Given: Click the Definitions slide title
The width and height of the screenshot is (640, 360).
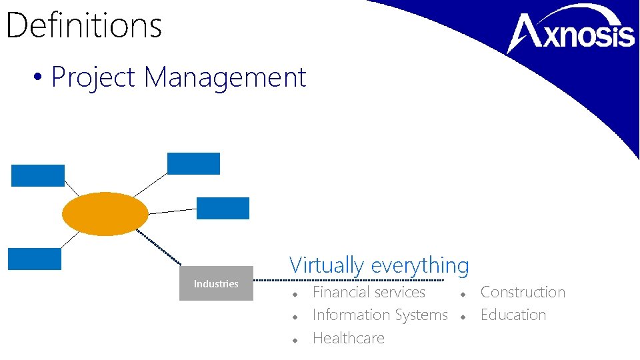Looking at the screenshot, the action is [84, 25].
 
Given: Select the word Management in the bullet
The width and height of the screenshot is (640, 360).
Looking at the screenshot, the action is [225, 77].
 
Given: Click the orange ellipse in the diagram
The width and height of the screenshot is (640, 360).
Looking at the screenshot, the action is [105, 214].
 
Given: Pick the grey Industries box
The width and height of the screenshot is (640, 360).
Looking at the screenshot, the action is [216, 283].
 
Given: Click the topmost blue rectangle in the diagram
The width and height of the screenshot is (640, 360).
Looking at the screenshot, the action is [193, 163].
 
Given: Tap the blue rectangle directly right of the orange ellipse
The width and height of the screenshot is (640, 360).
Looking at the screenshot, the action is [223, 208].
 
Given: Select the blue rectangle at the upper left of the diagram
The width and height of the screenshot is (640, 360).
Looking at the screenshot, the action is [38, 175].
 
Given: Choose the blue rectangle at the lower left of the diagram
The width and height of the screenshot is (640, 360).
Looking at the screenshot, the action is [35, 259].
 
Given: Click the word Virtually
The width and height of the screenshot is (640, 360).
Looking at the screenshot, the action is [327, 265].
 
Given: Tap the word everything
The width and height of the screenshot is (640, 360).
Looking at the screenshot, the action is [420, 265].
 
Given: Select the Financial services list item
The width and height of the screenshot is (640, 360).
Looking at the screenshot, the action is [369, 292].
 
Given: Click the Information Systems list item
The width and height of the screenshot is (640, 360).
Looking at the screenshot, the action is [380, 315].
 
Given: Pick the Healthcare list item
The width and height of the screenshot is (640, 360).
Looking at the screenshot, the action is [348, 338].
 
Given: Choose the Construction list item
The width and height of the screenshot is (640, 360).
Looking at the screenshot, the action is [523, 292].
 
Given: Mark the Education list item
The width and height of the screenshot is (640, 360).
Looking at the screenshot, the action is [513, 315].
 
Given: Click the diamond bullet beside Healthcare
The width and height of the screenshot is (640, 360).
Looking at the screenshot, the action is [293, 339].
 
